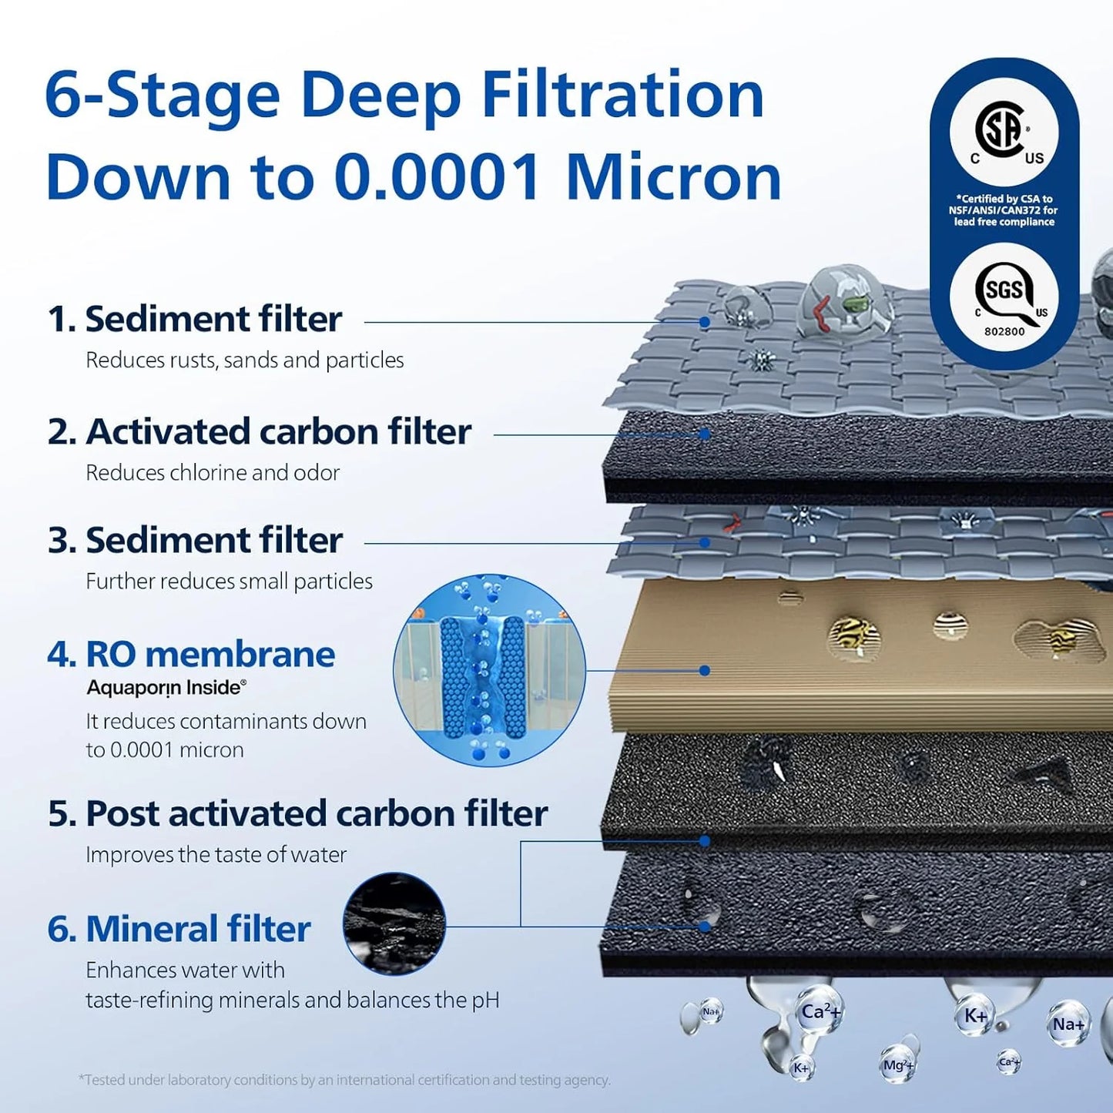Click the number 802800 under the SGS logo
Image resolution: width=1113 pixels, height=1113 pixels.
[x=1004, y=331]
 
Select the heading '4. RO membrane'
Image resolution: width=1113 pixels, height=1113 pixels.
[x=191, y=655]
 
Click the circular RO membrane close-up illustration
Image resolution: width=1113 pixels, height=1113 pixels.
[x=489, y=670]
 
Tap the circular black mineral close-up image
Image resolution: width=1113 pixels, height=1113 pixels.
[x=394, y=924]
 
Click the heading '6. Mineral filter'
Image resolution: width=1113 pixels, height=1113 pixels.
[x=179, y=929]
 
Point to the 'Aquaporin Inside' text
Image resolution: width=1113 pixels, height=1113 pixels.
[x=166, y=687]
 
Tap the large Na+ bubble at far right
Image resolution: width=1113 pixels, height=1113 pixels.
[x=1069, y=1024]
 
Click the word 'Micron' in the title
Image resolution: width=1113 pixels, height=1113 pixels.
[x=673, y=177]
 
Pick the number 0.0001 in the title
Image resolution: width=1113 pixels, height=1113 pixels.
[x=437, y=177]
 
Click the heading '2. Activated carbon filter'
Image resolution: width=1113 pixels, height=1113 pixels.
[x=259, y=432]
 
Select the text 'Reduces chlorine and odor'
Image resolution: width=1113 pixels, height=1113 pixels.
[x=213, y=472]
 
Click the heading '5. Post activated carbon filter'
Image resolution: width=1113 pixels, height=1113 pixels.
[x=297, y=813]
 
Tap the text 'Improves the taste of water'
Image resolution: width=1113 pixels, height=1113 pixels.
[x=216, y=854]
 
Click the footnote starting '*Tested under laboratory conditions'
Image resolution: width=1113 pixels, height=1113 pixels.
[x=344, y=1080]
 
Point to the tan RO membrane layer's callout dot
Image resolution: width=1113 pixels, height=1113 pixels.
[x=704, y=670]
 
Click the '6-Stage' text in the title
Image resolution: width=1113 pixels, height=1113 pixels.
[x=162, y=96]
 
